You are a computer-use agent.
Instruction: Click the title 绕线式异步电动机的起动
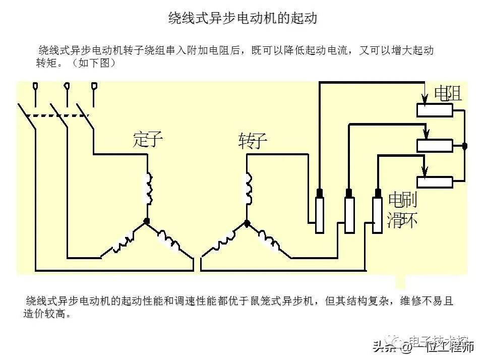242,19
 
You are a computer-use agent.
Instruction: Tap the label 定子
148,139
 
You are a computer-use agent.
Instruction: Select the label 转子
252,142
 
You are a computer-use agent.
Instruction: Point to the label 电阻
448,93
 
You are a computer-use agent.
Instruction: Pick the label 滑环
402,220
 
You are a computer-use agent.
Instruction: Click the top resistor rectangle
434,110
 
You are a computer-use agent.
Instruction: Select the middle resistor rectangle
434,146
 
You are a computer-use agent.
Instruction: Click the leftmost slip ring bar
319,215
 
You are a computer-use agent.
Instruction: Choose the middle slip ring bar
349,215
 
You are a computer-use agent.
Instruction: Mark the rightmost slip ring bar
377,215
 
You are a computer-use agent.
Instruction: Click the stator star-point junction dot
147,221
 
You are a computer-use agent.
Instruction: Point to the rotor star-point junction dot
247,222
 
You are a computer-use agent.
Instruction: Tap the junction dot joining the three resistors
465,146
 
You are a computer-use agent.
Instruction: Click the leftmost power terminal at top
35,87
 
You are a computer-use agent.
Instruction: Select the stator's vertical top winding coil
148,189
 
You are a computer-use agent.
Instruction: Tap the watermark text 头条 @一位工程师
423,346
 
